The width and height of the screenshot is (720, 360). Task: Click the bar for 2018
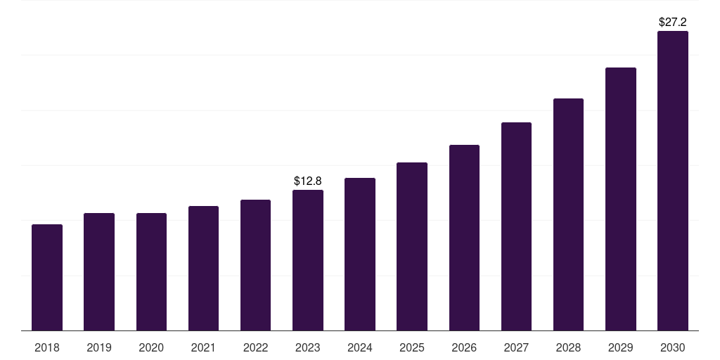point(47,278)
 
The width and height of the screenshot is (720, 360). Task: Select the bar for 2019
point(99,272)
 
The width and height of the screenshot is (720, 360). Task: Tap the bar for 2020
point(151,272)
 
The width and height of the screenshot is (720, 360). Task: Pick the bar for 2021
point(203,269)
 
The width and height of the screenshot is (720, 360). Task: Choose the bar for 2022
point(255,265)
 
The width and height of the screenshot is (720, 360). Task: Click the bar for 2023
point(308,260)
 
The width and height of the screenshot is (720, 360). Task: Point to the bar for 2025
point(412,247)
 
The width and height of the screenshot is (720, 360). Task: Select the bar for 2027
point(516,226)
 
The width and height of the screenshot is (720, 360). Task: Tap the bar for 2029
point(621,199)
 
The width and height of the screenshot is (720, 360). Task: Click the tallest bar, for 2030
point(673,181)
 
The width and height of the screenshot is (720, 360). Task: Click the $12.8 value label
point(308,181)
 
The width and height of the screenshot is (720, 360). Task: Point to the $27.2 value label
point(673,22)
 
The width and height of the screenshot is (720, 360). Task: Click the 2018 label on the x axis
point(47,347)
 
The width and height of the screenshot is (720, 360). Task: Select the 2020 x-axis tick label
point(151,347)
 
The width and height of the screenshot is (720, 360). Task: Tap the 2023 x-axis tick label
point(308,347)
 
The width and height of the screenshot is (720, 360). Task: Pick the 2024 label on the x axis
point(360,347)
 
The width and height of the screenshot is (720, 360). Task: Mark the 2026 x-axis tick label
point(464,347)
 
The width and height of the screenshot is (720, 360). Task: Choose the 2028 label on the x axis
point(568,347)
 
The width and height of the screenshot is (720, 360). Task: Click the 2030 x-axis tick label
point(673,347)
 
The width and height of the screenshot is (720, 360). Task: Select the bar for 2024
point(360,255)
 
